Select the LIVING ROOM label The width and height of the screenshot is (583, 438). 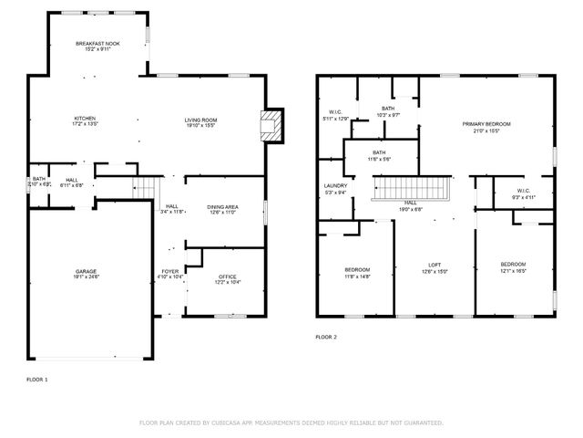[x=200, y=120]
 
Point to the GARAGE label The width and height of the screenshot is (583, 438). [x=87, y=271]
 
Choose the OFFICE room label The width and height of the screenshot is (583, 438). [x=228, y=277]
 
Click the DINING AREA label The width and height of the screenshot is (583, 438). [x=222, y=207]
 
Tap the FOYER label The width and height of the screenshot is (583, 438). [x=170, y=271]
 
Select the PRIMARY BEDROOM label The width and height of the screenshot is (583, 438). [x=486, y=123]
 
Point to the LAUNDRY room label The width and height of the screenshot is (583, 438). [x=335, y=186]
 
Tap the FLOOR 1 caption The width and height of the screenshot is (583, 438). [x=37, y=377]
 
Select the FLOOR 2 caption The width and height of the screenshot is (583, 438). [x=326, y=337]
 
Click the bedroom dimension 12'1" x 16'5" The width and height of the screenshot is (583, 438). [x=513, y=271]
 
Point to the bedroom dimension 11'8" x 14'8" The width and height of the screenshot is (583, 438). [x=357, y=276]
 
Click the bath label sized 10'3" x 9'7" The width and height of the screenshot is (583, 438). [x=387, y=115]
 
